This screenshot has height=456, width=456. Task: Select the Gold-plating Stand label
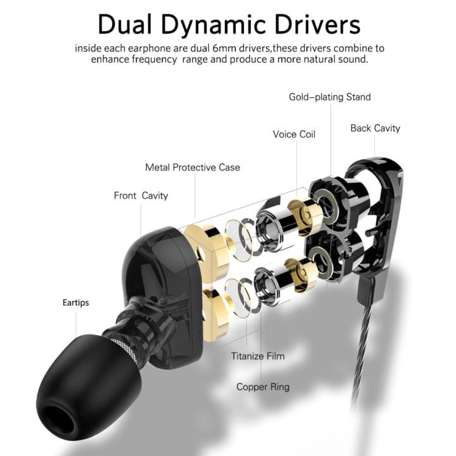click(329, 97)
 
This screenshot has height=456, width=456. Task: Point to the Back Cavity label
click(375, 128)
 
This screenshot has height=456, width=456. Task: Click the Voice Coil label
click(294, 134)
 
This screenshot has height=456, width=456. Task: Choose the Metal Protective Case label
click(193, 167)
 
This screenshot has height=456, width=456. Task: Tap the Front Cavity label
click(141, 196)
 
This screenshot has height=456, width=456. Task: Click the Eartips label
click(75, 303)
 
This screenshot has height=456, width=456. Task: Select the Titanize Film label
click(258, 356)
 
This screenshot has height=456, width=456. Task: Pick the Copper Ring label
click(263, 386)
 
